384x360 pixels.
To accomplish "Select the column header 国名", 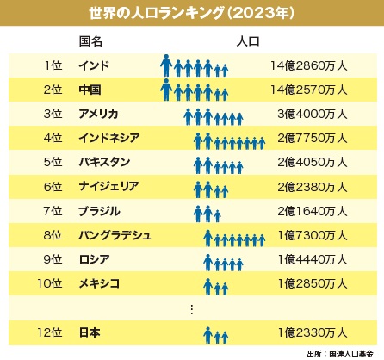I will pyautogui.click(x=91, y=40).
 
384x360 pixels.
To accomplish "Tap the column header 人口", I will pyautogui.click(x=247, y=40).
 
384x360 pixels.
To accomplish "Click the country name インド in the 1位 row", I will pyautogui.click(x=93, y=65).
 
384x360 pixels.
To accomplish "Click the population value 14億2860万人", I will pyautogui.click(x=310, y=65).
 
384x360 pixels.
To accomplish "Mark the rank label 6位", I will pyautogui.click(x=53, y=186).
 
